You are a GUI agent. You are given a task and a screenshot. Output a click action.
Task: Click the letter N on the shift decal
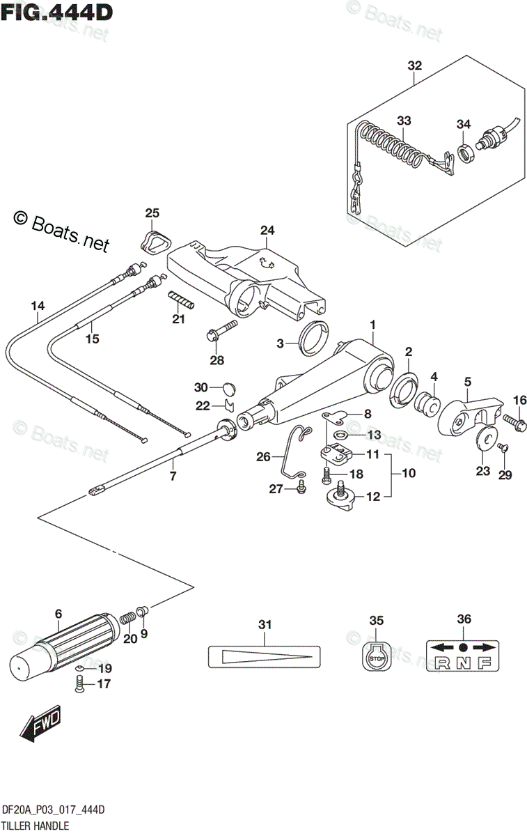click(464, 663)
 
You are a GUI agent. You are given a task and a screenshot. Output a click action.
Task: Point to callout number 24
click(268, 231)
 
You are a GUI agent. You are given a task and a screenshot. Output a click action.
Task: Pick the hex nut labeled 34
click(465, 150)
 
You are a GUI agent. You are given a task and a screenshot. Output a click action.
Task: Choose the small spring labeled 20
click(127, 617)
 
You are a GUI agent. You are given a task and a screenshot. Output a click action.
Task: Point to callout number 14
click(38, 304)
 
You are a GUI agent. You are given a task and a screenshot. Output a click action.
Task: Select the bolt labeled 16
click(514, 421)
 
